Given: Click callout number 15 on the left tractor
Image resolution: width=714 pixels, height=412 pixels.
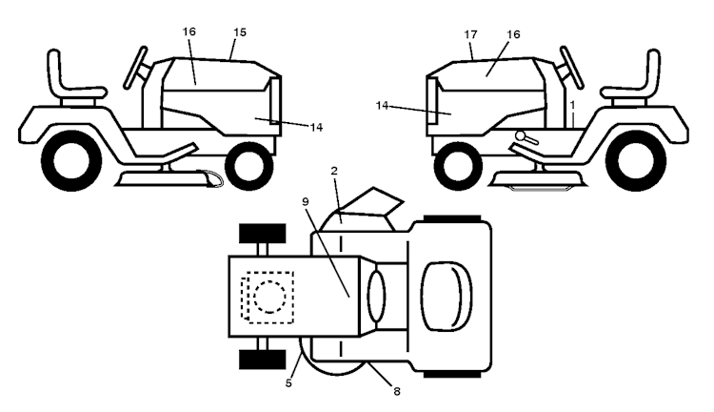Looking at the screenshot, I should click(240, 32).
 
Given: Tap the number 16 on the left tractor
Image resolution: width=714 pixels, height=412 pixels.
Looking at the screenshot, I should click(189, 32).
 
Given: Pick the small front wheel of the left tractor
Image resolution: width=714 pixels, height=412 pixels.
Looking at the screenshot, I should click(249, 164).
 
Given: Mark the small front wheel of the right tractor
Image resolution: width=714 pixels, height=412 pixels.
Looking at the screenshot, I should click(458, 164).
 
